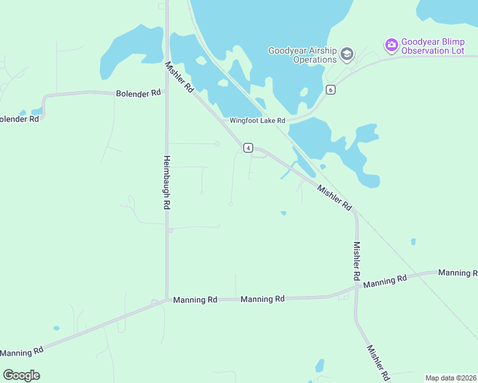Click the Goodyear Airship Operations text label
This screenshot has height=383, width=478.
click(302, 55)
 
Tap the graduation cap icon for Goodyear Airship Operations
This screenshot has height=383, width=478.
click(347, 54)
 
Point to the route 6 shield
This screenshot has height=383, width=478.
click(330, 89)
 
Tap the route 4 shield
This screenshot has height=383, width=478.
click(247, 148)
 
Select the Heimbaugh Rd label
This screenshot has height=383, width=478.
click(166, 183)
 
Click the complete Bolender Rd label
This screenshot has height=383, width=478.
click(138, 93)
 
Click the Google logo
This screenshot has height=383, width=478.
click(21, 375)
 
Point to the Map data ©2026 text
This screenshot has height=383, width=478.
click(451, 378)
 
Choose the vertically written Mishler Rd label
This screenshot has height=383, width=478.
click(357, 262)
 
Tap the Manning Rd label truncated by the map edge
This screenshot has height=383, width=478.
click(458, 273)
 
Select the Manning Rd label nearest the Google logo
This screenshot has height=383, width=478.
click(22, 352)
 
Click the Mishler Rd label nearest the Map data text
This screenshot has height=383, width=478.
click(377, 364)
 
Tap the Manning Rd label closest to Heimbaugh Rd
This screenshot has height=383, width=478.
click(195, 299)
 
